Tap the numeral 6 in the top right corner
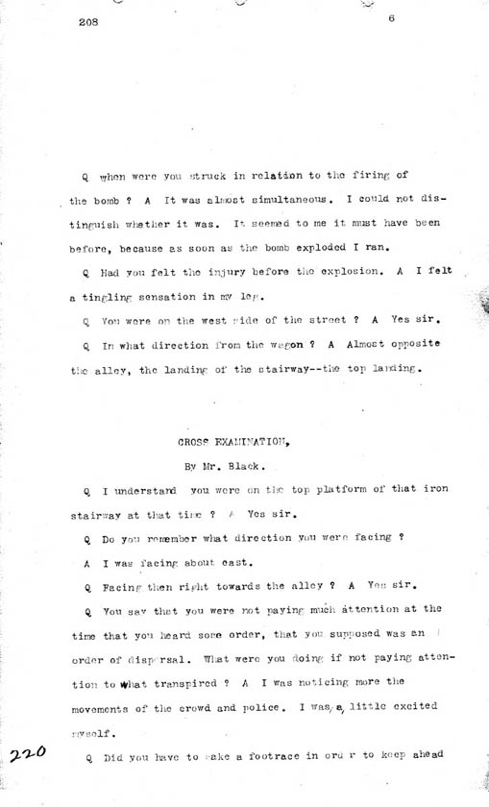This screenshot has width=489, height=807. click(393, 30)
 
